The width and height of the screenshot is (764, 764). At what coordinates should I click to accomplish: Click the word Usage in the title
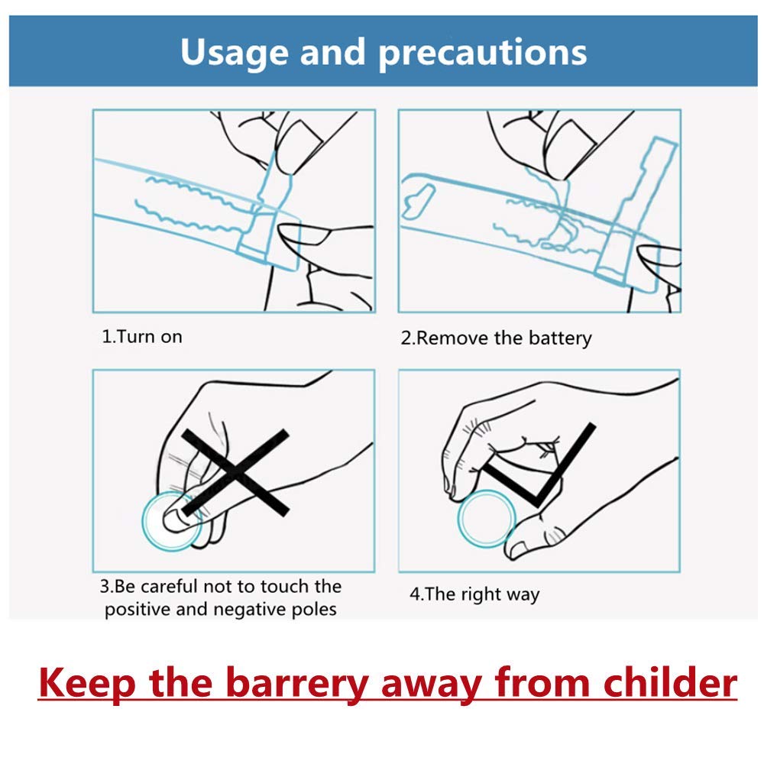(234, 53)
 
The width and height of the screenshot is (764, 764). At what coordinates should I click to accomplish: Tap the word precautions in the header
(483, 53)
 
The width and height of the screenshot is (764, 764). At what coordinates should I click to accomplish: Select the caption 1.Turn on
(142, 337)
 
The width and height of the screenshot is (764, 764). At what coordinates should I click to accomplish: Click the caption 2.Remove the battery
(496, 338)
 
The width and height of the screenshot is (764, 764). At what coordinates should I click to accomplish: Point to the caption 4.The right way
(474, 594)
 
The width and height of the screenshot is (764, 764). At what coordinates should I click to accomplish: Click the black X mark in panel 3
(235, 472)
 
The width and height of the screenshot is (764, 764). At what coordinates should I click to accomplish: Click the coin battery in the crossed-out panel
(171, 521)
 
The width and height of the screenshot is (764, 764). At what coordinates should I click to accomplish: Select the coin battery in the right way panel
(486, 519)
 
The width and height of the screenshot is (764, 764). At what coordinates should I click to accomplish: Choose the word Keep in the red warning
(87, 683)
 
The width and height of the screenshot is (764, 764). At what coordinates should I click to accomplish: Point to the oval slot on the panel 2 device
(418, 201)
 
